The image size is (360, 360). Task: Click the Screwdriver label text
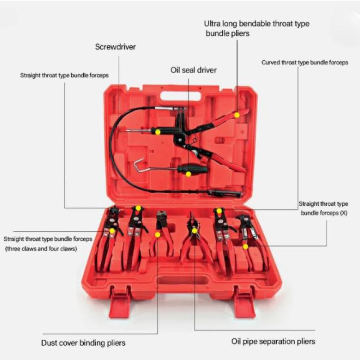pos(116,47)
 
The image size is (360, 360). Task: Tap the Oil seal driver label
pos(193,70)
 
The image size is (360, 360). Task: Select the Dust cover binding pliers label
pos(83,343)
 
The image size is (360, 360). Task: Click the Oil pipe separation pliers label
pos(273,342)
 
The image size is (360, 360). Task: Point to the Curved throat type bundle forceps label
pos(305,63)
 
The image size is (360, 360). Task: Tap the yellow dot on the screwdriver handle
pos(157,132)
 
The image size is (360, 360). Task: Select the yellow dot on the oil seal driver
pos(188,174)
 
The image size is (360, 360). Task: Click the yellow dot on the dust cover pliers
pos(157,234)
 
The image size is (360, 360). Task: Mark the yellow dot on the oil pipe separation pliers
pos(194,231)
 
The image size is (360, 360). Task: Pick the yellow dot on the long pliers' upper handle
pos(237,115)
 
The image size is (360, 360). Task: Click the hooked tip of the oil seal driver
pos(137,164)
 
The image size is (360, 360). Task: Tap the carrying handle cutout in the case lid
pos(180,96)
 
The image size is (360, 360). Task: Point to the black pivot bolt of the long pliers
pos(180,139)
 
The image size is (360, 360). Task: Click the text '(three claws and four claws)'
pos(41,249)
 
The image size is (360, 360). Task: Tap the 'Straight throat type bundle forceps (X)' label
pos(324,208)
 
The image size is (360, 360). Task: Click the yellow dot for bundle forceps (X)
pos(245,247)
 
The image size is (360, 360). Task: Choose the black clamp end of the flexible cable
pos(225,193)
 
